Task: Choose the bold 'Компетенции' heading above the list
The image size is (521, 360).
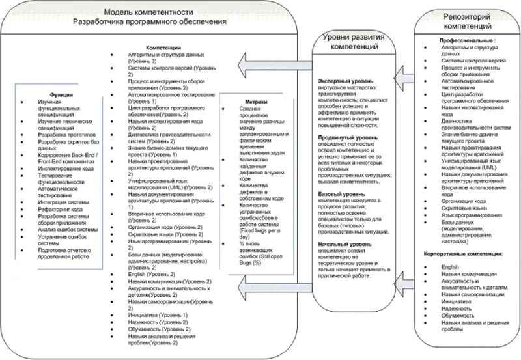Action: [163, 48]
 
